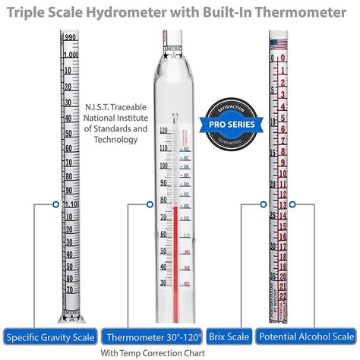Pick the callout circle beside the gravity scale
point(55,204)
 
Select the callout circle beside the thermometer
point(149,204)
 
